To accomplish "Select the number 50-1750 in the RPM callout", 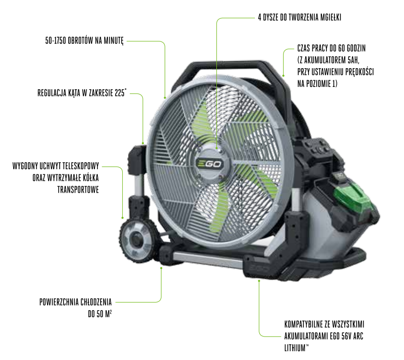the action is coord(55,41).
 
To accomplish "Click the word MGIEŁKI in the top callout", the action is coord(331,17).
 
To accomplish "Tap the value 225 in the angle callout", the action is coord(119,93).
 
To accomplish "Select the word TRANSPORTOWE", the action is coord(78,190).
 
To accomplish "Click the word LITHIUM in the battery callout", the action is coord(295,348).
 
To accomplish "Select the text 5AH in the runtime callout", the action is coord(353,60).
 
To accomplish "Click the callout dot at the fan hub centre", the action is coord(217,148).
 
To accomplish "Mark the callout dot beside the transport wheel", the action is coord(123,218).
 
